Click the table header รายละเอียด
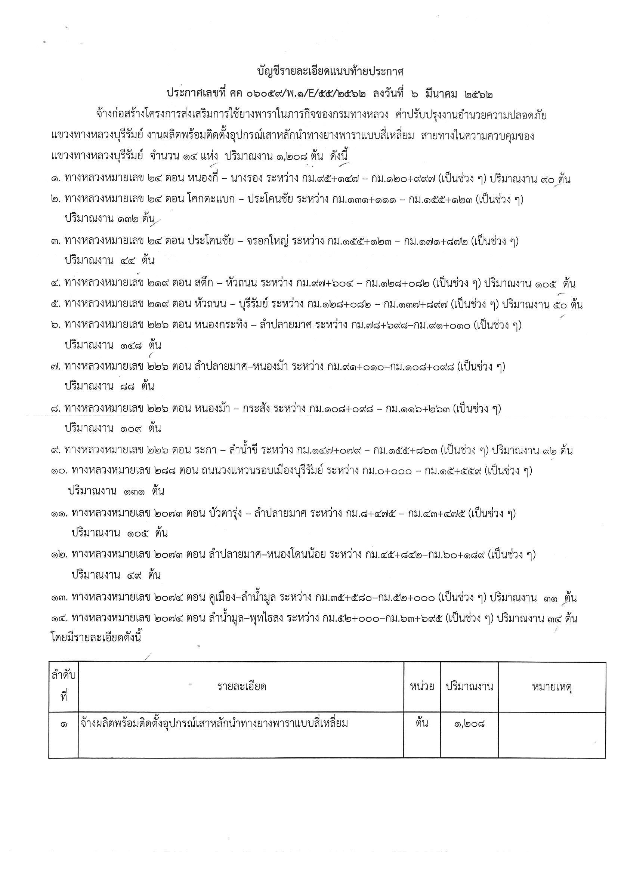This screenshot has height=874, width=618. coord(242,687)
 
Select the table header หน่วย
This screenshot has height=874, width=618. coord(422,687)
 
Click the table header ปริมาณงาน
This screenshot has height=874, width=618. coord(469,687)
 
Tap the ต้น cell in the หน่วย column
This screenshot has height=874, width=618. coord(422,723)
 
